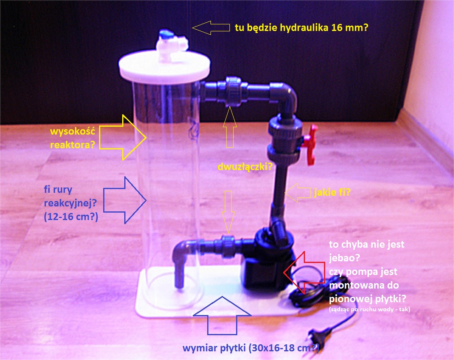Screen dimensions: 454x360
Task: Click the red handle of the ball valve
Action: coord(311,145)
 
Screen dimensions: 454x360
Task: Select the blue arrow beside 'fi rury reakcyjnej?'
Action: coord(125,200)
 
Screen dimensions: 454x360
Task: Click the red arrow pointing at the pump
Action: coord(304,272)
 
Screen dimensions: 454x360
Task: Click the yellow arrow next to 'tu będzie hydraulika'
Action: coord(211,28)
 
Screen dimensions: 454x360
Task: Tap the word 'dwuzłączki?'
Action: coord(245,167)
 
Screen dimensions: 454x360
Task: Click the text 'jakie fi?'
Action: coord(332,192)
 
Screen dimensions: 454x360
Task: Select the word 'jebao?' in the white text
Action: coord(344,258)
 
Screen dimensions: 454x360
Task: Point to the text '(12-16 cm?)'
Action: coord(71,216)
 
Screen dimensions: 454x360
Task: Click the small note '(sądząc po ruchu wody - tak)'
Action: coord(369,309)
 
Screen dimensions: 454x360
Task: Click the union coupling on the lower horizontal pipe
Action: coord(229,246)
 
